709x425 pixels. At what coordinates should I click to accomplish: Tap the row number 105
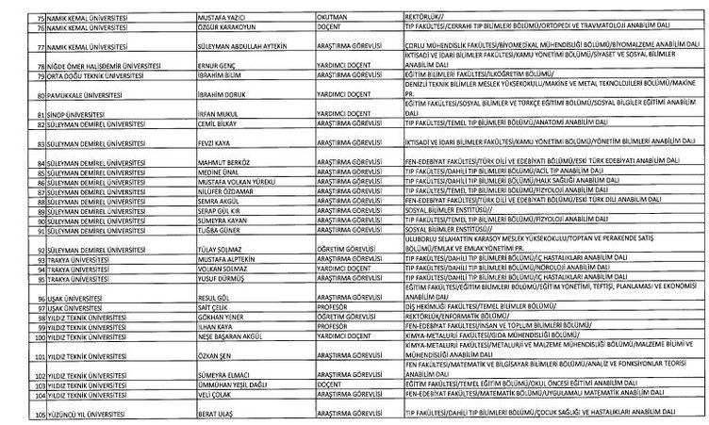click(x=12, y=414)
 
